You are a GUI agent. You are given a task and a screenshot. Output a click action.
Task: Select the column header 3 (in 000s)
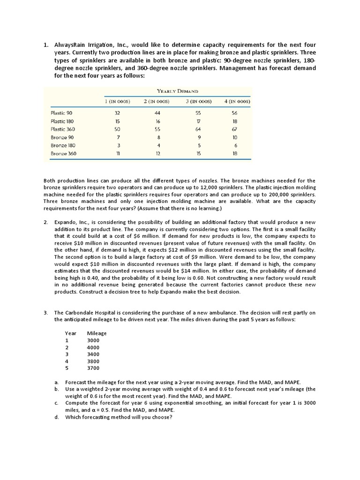(x=198, y=101)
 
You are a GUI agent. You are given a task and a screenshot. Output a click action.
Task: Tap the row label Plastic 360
(x=63, y=129)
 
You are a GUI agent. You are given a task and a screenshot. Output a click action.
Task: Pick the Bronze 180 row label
(x=63, y=145)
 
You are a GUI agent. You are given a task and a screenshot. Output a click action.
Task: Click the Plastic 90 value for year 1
(x=117, y=112)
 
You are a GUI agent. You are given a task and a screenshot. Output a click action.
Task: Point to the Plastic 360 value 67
(x=235, y=129)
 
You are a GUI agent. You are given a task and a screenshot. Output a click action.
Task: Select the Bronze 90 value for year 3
(x=200, y=137)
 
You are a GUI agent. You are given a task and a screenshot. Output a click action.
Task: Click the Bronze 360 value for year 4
(x=235, y=154)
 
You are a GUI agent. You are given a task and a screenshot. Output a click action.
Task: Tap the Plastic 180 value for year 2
(x=157, y=121)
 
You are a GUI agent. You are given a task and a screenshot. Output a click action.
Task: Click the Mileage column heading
(x=97, y=333)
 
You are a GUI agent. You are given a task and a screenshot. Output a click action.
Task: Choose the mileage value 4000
(x=93, y=347)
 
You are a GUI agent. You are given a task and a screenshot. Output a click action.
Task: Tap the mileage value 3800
(x=93, y=361)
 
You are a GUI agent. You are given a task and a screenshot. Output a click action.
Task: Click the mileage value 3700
(x=93, y=368)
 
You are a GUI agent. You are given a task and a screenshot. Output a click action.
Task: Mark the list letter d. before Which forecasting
(x=57, y=417)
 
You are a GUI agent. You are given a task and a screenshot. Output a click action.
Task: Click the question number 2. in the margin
(x=46, y=222)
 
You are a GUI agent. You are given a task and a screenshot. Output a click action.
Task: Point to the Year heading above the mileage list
(x=70, y=333)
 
